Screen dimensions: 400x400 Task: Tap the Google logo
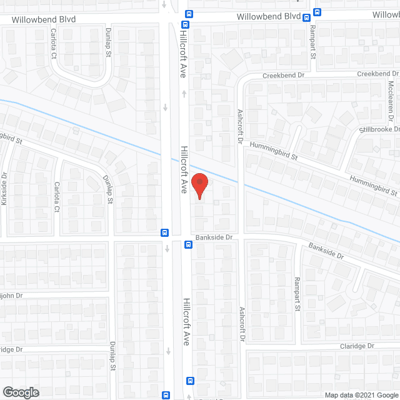click(20, 392)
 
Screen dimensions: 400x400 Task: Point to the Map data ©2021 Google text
click(361, 394)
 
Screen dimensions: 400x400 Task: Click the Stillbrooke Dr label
click(379, 129)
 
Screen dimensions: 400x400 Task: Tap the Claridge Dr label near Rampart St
click(357, 346)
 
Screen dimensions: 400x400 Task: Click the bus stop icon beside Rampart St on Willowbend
click(317, 12)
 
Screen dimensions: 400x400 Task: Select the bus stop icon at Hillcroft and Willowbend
click(187, 14)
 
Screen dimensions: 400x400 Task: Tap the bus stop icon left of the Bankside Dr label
click(187, 244)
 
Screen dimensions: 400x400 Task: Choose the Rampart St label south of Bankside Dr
click(297, 294)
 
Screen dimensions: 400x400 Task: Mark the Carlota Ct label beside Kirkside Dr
click(56, 196)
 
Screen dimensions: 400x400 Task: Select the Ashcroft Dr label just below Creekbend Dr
click(240, 126)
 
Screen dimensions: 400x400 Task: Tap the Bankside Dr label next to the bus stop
click(213, 237)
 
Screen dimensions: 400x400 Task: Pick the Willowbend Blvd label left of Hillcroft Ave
click(44, 19)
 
